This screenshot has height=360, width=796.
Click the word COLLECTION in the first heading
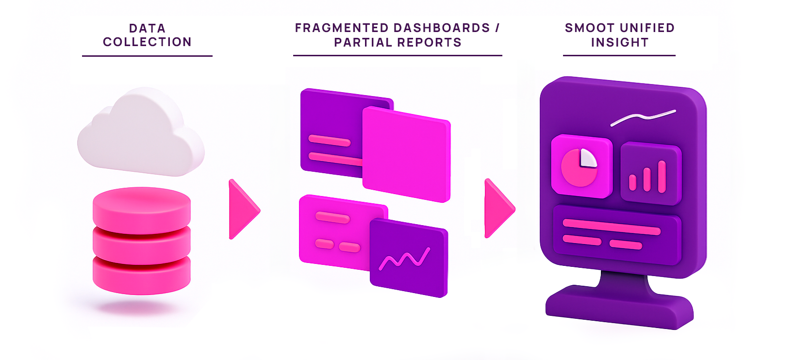pos(147,42)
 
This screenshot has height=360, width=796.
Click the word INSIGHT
pos(620,43)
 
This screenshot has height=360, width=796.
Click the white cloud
pos(141,133)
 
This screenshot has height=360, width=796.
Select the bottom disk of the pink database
pos(142,277)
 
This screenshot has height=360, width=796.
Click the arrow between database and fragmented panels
pos(243,209)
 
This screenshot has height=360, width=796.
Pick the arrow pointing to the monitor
pos(498,209)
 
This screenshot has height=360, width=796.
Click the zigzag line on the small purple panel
pos(404,259)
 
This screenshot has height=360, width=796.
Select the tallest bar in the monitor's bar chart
pos(662,177)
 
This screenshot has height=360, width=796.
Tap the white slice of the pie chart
pos(588,159)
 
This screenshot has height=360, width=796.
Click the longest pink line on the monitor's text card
pos(612,227)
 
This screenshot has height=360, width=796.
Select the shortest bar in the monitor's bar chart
pos(632,182)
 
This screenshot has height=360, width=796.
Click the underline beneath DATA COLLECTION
pos(147,56)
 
